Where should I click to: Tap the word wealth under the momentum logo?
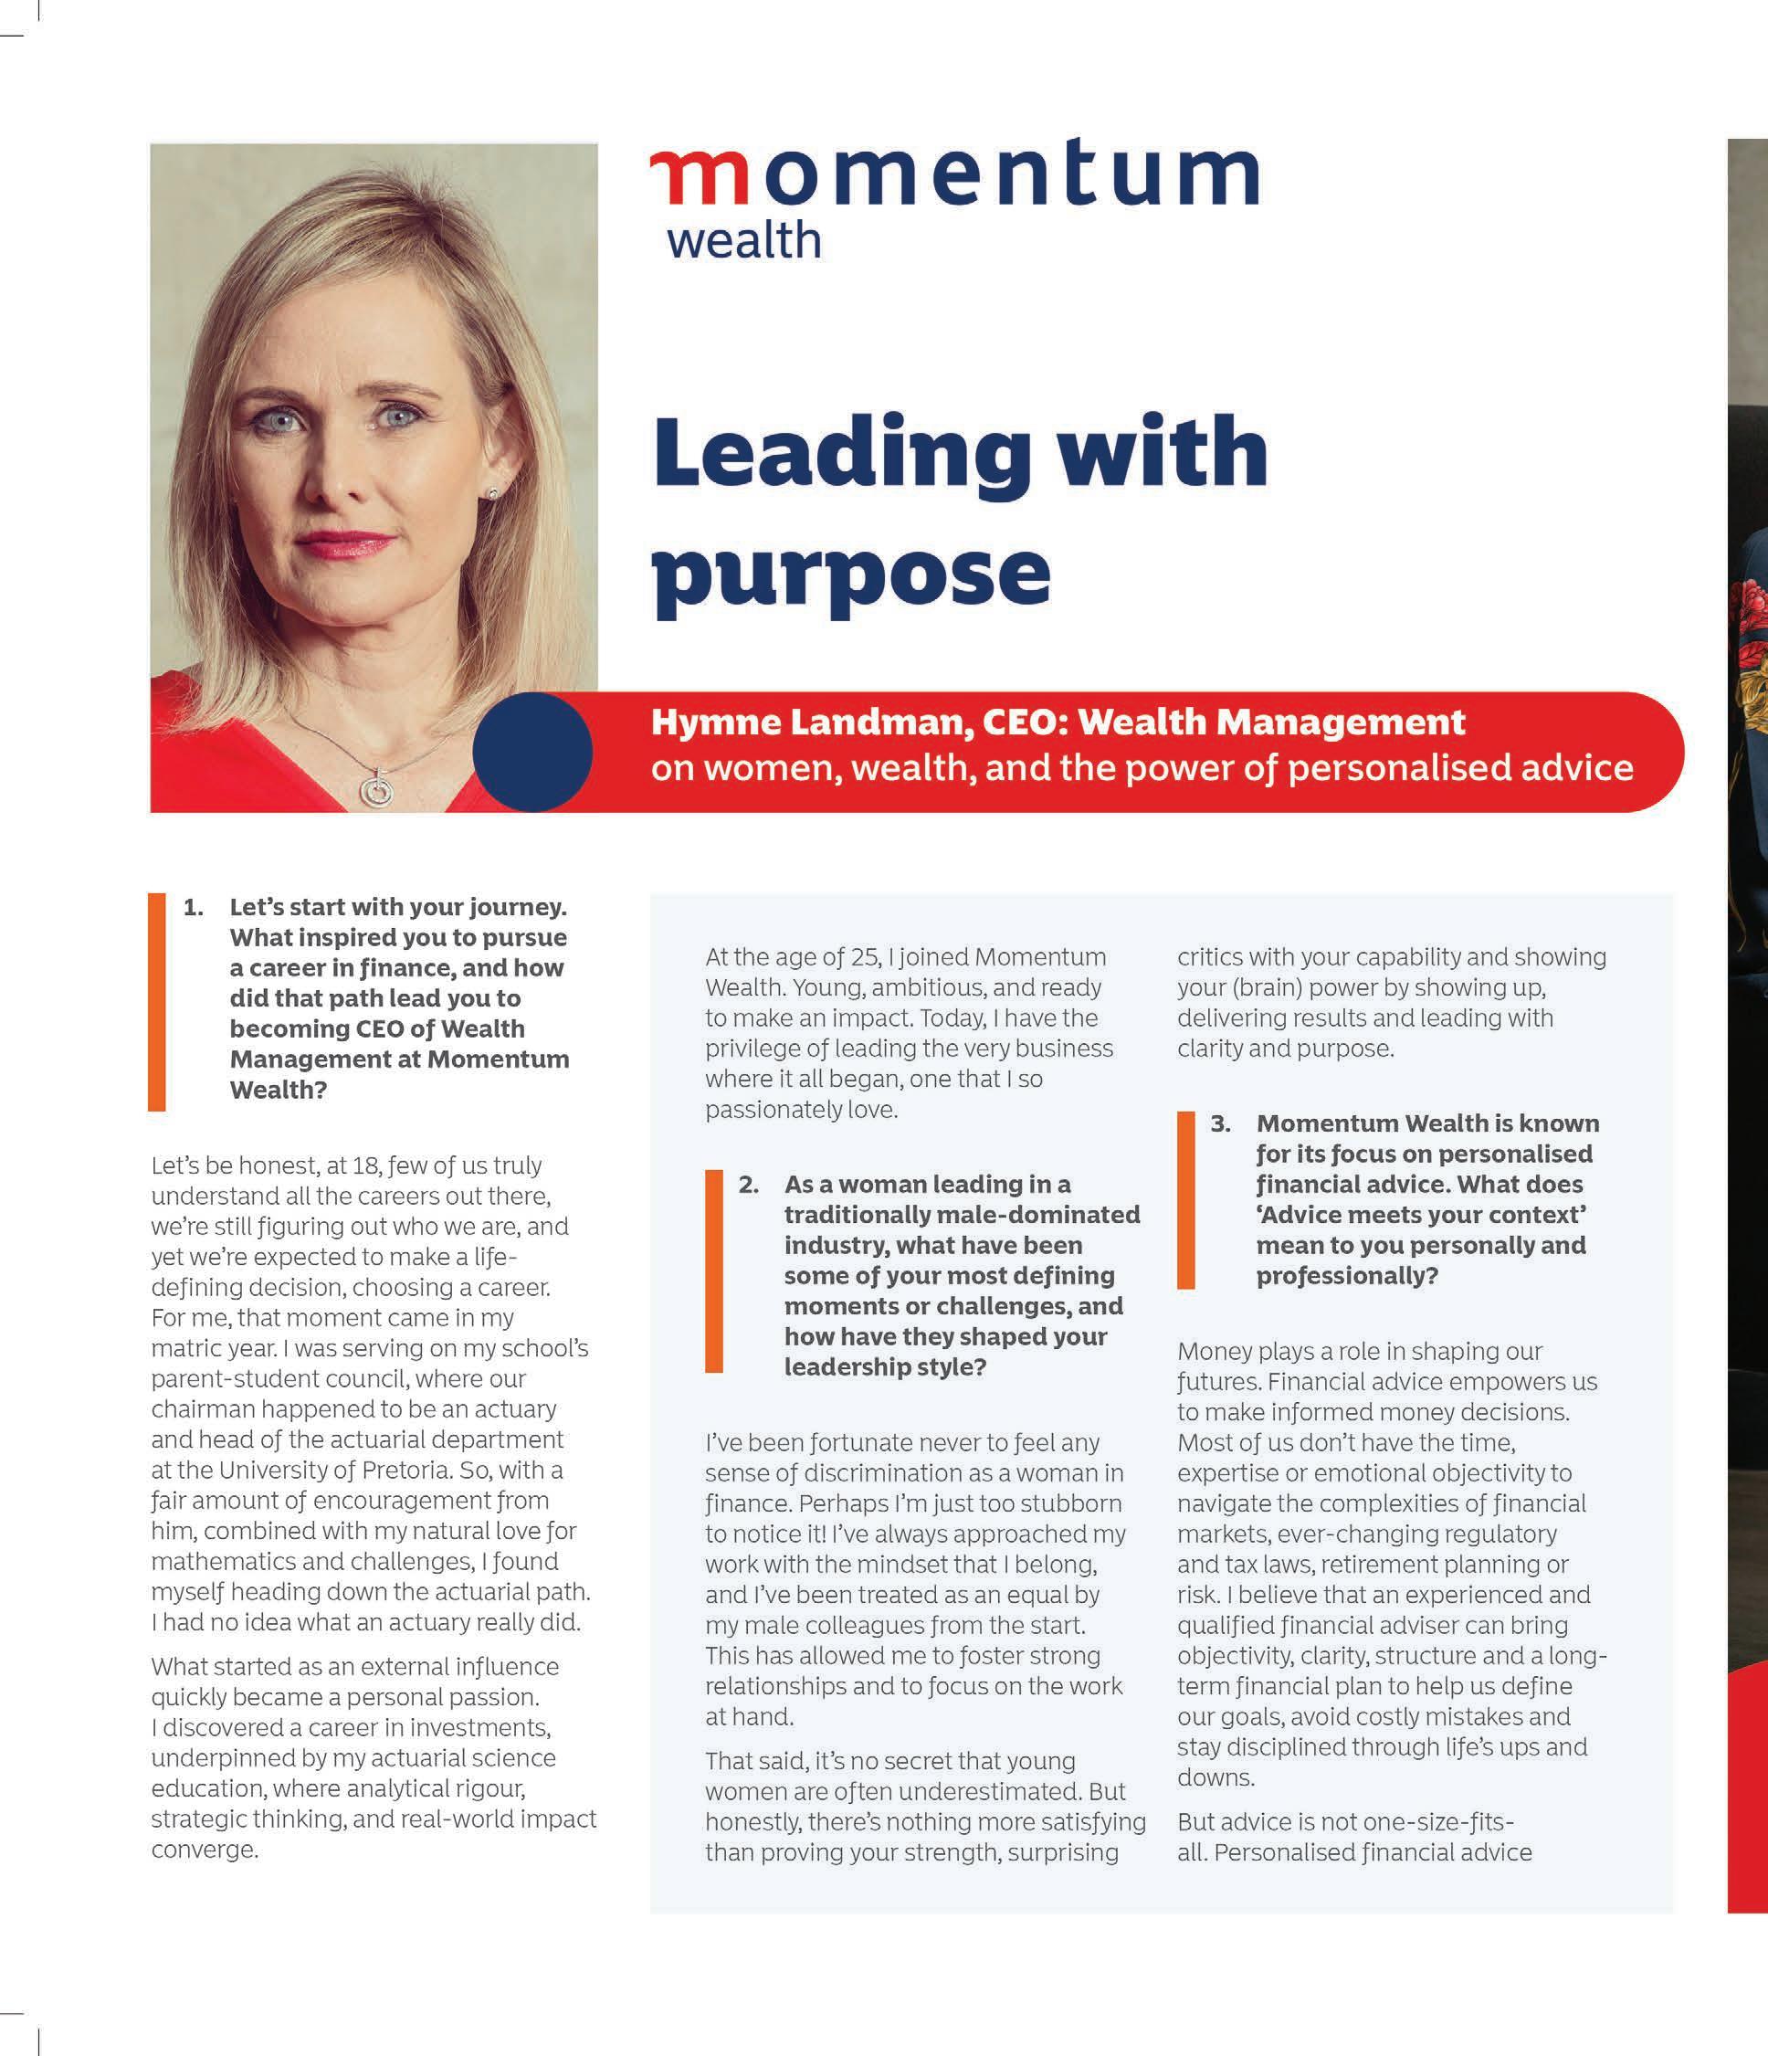744,240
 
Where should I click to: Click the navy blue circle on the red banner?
532,751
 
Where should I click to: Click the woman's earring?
492,493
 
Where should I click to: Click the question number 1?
194,907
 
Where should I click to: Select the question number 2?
748,1184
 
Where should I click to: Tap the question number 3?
1220,1123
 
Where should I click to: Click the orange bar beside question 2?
714,1271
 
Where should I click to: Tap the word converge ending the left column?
205,1850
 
